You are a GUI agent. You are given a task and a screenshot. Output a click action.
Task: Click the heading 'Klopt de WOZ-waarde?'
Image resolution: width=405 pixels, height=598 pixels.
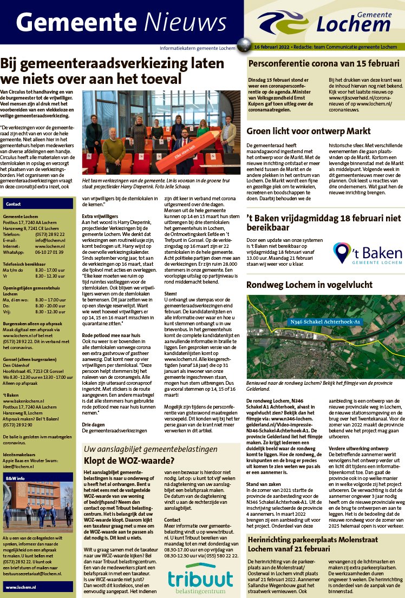tap(129, 461)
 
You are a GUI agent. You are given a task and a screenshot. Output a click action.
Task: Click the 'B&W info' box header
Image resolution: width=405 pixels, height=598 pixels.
tap(15, 479)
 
